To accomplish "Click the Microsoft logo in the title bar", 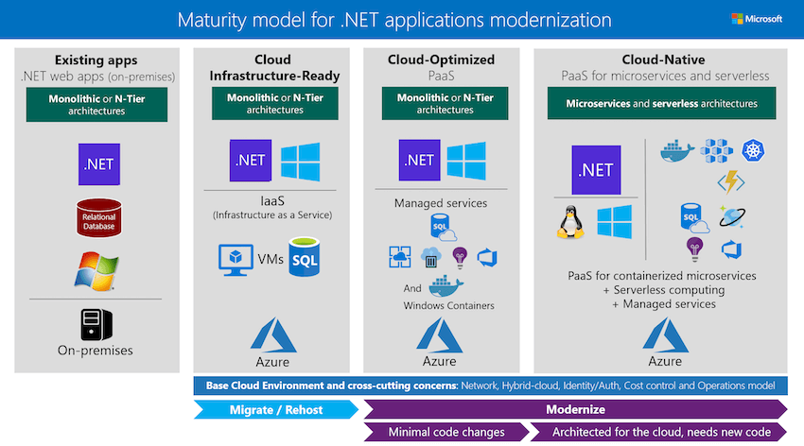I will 755,19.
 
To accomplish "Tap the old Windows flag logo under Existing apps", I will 98,269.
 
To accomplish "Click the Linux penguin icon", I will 569,222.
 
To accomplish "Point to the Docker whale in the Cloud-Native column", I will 677,151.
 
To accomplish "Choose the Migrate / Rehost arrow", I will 277,410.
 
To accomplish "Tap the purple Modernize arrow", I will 575,410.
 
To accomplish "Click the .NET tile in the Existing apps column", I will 98,163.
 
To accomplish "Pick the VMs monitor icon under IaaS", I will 233,259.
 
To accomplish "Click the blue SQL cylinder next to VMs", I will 306,257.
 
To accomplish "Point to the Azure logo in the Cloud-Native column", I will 664,335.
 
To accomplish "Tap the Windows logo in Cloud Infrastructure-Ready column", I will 301,161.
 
